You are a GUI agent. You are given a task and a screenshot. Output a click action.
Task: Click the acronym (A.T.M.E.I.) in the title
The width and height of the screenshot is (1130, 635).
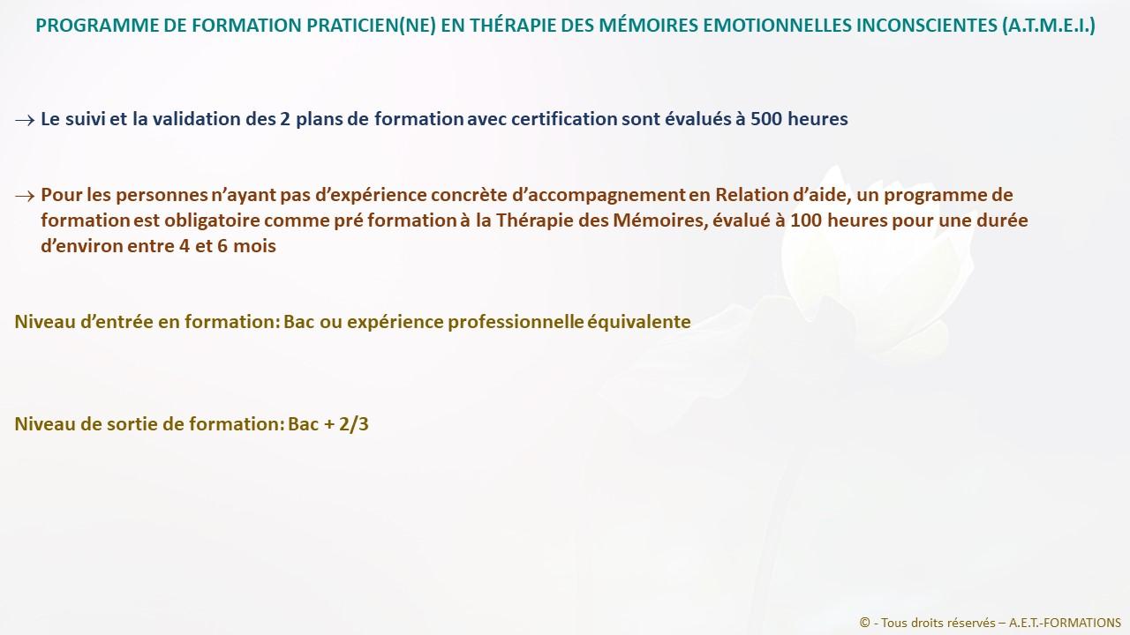pyautogui.click(x=1048, y=26)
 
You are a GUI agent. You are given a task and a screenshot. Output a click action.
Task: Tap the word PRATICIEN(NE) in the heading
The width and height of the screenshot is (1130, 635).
pyautogui.click(x=371, y=26)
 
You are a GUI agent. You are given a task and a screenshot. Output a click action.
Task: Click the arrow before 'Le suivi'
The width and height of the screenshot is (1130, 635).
pyautogui.click(x=25, y=121)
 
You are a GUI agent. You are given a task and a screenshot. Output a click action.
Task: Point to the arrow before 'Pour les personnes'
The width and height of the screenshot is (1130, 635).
pyautogui.click(x=25, y=196)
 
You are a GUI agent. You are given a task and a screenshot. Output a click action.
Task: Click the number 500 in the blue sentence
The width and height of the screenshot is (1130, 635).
pyautogui.click(x=766, y=119)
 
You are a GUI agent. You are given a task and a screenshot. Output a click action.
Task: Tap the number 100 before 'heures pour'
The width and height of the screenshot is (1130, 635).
pyautogui.click(x=806, y=220)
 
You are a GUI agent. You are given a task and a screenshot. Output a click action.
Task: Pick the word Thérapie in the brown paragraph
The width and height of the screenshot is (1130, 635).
pyautogui.click(x=534, y=220)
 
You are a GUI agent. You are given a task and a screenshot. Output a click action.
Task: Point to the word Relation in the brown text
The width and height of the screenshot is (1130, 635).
pyautogui.click(x=751, y=195)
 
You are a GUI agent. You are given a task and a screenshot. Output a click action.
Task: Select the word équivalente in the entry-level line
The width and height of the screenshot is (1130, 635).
pyautogui.click(x=639, y=322)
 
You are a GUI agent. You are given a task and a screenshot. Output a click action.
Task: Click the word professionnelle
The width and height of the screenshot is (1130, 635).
pyautogui.click(x=516, y=322)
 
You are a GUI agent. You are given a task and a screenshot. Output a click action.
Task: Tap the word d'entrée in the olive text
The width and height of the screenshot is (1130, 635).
pyautogui.click(x=117, y=322)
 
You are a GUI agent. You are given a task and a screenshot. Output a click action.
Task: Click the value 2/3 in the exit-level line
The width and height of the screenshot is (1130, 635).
pyautogui.click(x=354, y=424)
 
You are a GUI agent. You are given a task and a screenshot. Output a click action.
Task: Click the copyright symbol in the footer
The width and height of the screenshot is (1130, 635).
pyautogui.click(x=864, y=623)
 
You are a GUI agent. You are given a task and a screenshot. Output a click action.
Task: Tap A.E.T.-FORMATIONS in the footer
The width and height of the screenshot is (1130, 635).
pyautogui.click(x=1065, y=623)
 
